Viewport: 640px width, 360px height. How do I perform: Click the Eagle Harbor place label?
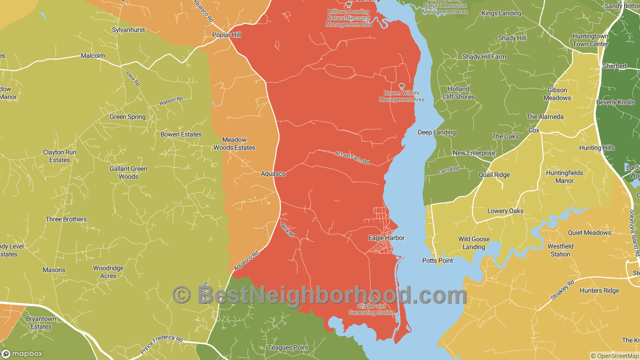pyautogui.click(x=386, y=238)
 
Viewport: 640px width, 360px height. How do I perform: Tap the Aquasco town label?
pyautogui.click(x=273, y=174)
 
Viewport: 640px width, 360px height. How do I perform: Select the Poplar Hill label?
pyautogui.click(x=226, y=35)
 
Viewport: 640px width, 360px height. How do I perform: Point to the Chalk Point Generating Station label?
pyautogui.click(x=371, y=309)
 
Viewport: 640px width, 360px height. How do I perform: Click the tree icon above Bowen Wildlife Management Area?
pyautogui.click(x=401, y=86)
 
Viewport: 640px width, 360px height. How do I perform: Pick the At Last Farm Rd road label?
pyautogui.click(x=352, y=158)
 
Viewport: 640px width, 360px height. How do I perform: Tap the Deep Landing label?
pyautogui.click(x=436, y=132)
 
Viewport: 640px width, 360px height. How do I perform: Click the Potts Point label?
pyautogui.click(x=437, y=260)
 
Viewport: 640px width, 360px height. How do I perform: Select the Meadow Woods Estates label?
pyautogui.click(x=234, y=144)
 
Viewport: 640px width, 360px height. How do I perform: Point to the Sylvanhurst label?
pyautogui.click(x=128, y=30)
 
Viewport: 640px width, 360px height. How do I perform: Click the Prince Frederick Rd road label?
pyautogui.click(x=161, y=345)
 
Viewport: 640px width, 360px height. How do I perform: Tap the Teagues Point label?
pyautogui.click(x=288, y=347)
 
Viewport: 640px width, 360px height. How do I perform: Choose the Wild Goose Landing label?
pyautogui.click(x=474, y=243)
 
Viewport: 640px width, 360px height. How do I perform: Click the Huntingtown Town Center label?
pyautogui.click(x=590, y=40)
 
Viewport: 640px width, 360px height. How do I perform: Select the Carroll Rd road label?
pyautogui.click(x=448, y=170)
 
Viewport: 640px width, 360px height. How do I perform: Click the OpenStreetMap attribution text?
pyautogui.click(x=614, y=356)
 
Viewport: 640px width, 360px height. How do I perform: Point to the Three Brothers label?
pyautogui.click(x=66, y=219)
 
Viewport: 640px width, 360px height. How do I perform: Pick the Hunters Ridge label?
pyautogui.click(x=599, y=291)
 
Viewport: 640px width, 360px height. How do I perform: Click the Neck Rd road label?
pyautogui.click(x=288, y=230)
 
